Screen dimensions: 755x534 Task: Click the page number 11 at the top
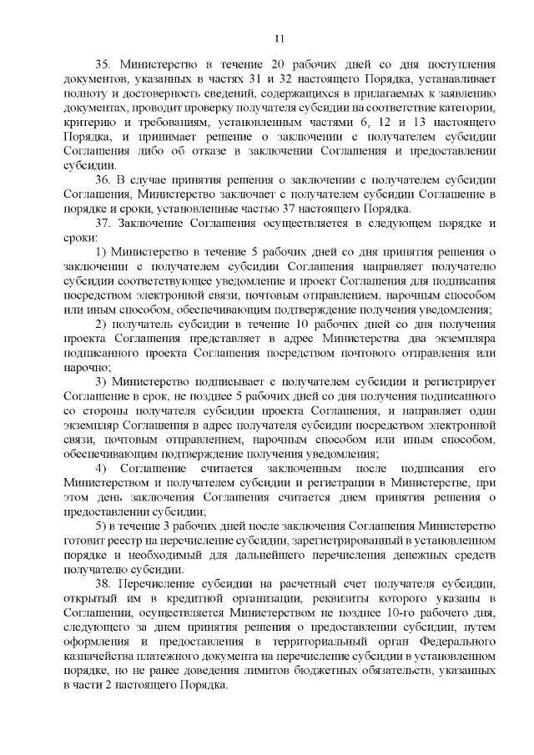(x=279, y=37)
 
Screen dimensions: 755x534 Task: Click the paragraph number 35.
(x=103, y=63)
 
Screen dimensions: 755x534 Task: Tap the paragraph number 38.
(x=103, y=581)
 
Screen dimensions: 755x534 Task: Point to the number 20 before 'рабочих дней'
(x=249, y=63)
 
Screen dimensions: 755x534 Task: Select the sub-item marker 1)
(x=101, y=252)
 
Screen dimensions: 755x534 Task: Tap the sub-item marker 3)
(x=101, y=381)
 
